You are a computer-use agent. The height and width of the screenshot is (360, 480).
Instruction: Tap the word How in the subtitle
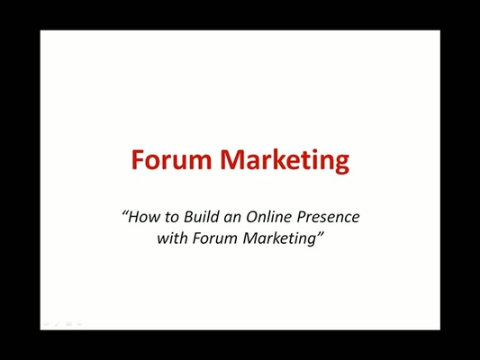coord(143,217)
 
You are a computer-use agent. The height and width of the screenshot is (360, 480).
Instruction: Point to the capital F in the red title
coord(139,160)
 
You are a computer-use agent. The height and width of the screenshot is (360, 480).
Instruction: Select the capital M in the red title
coord(233,160)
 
